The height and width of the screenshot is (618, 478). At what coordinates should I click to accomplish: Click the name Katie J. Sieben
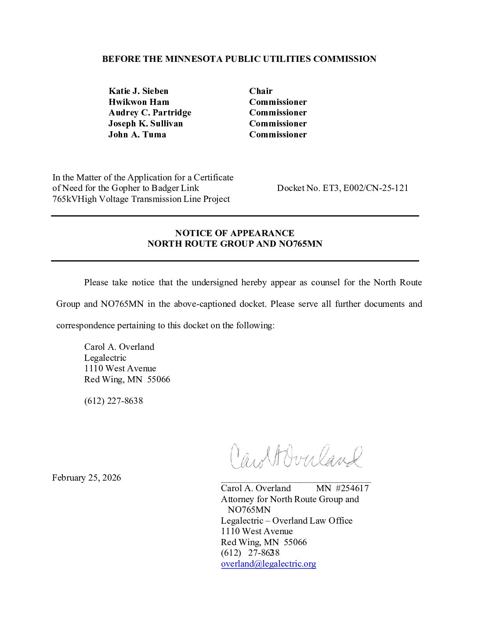[x=138, y=91]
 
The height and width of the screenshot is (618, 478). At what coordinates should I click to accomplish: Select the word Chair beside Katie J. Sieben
[x=261, y=91]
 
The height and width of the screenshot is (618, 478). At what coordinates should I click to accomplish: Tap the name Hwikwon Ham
[x=139, y=102]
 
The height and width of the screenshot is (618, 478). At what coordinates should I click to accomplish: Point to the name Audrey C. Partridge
[x=150, y=113]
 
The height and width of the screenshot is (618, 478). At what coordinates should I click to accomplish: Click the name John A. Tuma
[x=137, y=134]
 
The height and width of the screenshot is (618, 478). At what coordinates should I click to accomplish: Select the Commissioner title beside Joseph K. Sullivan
[x=278, y=124]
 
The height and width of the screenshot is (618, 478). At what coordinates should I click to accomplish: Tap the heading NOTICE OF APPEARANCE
[x=235, y=233]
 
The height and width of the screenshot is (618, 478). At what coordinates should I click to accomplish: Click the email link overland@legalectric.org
[x=268, y=564]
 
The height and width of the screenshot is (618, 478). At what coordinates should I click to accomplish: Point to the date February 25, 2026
[x=87, y=478]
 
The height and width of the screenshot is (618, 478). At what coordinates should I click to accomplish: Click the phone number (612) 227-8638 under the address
[x=113, y=401]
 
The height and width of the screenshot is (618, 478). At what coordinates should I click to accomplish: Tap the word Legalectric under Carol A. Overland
[x=105, y=358]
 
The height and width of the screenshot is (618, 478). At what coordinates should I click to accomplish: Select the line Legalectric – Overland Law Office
[x=286, y=521]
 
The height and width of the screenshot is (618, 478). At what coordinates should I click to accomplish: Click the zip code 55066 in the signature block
[x=295, y=542]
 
